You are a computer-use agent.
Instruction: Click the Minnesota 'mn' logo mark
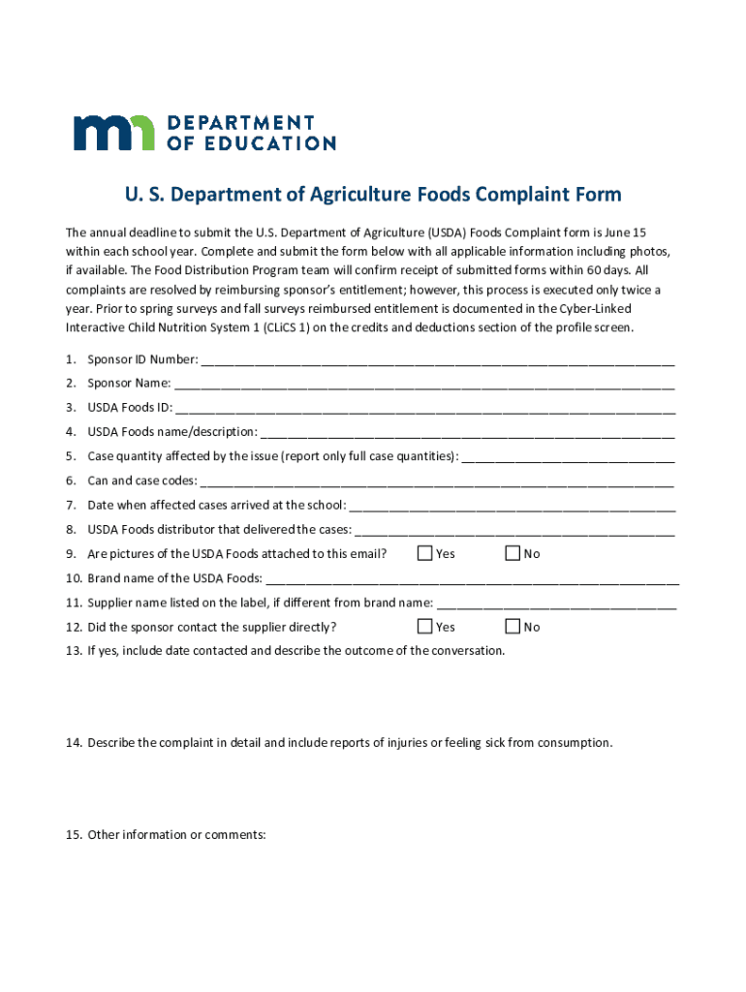[113, 133]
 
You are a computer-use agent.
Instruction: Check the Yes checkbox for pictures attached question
[424, 553]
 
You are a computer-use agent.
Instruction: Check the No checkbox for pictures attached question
[513, 553]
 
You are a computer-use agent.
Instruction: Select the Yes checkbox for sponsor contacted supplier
[424, 627]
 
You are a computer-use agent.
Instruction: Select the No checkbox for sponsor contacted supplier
[513, 627]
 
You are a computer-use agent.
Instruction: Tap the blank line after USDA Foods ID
[425, 410]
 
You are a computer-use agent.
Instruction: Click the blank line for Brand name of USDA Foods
[472, 580]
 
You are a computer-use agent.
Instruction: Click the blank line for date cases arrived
[512, 507]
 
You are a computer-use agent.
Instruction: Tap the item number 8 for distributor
[71, 530]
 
